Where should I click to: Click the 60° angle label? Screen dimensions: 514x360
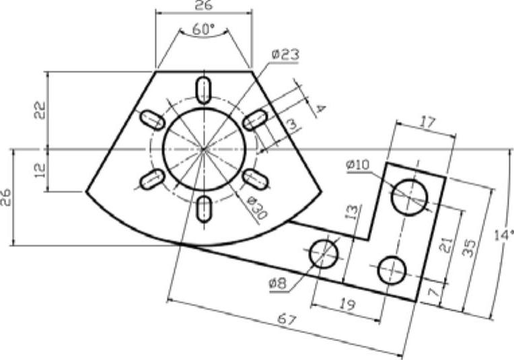pyautogui.click(x=203, y=29)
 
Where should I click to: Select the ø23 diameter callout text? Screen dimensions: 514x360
pyautogui.click(x=285, y=55)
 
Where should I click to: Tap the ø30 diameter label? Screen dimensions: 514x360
pyautogui.click(x=257, y=208)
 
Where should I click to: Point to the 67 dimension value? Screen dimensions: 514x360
pyautogui.click(x=287, y=319)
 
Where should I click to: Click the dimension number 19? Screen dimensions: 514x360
pyautogui.click(x=347, y=305)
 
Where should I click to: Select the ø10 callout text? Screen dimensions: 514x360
pyautogui.click(x=358, y=165)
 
